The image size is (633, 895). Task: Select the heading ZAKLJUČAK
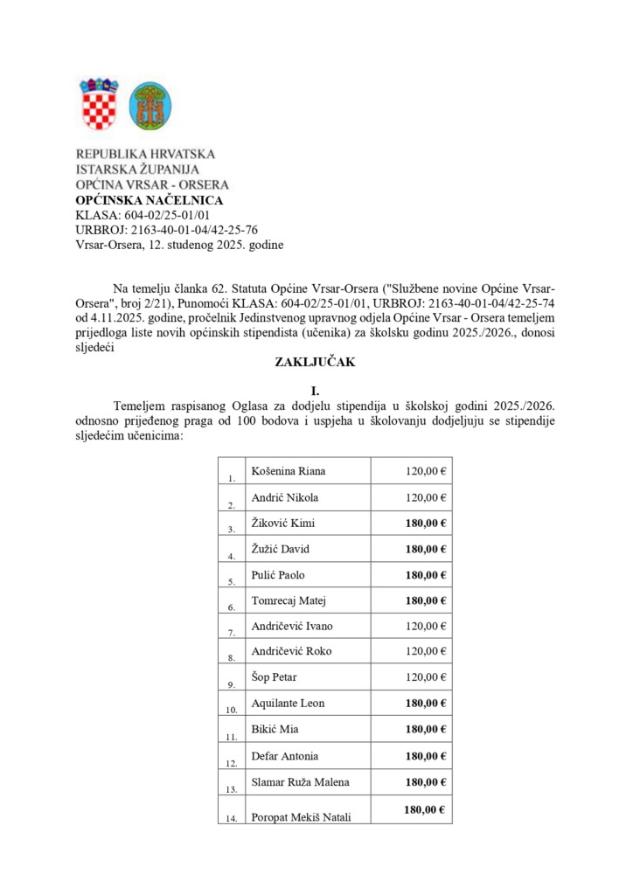click(x=316, y=363)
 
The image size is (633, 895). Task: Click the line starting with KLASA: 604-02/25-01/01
click(x=143, y=215)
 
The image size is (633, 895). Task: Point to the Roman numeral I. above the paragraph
click(x=316, y=392)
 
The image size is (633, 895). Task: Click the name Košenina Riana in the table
click(x=288, y=471)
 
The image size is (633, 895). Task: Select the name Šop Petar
click(x=275, y=677)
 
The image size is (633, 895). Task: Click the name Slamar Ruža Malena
click(x=300, y=781)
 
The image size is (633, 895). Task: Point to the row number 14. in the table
click(x=231, y=818)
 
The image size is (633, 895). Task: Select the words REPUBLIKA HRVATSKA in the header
click(x=145, y=154)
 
